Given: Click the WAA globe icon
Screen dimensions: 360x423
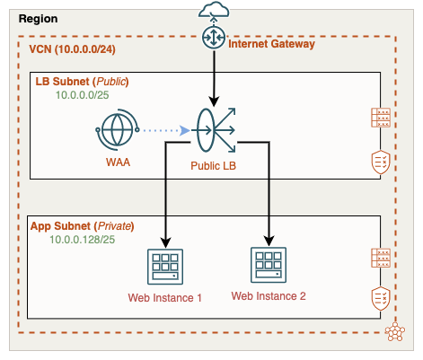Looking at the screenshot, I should (114, 131).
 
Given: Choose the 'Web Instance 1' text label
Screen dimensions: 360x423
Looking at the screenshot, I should (165, 297).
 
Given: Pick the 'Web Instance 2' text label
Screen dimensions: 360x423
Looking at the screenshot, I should (269, 295).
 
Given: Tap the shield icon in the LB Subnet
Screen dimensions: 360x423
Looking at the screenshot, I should (379, 162).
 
